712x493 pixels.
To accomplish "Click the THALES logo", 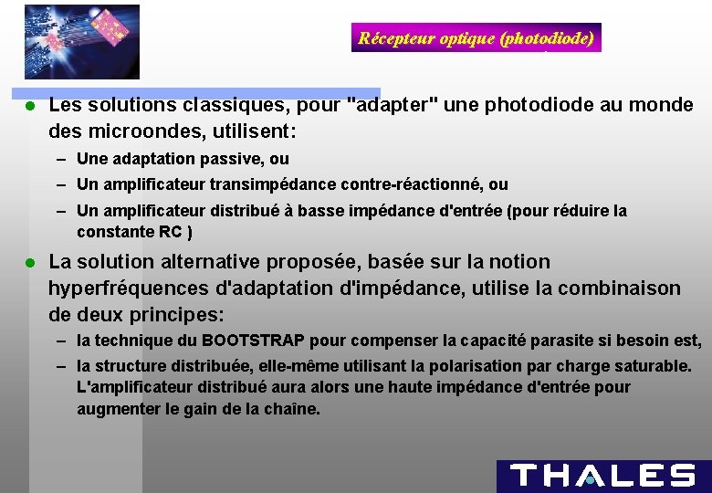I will point(602,476).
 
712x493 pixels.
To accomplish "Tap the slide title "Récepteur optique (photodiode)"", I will point(476,37).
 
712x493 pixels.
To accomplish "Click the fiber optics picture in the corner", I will point(82,41).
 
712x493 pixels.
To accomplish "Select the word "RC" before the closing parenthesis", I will point(170,232).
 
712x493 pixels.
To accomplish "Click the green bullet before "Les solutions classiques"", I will point(29,106).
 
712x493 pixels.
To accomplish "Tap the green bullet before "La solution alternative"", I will point(29,262).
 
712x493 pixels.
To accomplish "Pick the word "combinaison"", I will point(626,288).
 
